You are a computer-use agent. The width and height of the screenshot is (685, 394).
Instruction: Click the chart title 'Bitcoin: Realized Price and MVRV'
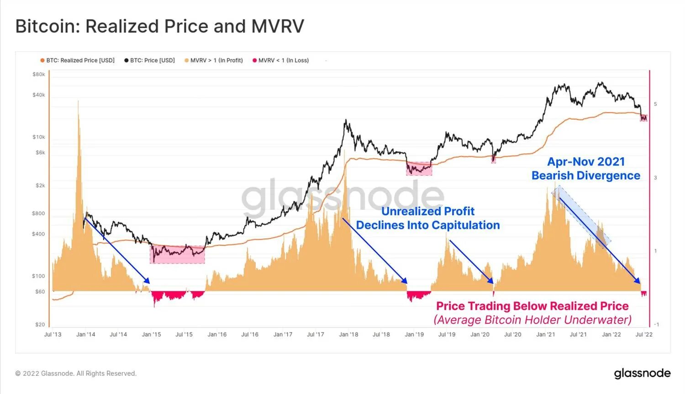click(159, 26)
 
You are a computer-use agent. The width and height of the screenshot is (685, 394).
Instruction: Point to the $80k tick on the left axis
click(39, 74)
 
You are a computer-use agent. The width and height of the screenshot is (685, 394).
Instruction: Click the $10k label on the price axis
click(39, 137)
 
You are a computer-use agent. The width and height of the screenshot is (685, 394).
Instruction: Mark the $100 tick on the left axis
click(39, 276)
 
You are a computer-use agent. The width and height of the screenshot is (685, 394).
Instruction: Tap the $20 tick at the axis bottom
click(40, 325)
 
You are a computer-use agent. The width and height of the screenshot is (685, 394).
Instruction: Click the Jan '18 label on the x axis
click(348, 334)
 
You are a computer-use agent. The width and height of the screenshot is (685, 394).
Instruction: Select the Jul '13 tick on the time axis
click(53, 334)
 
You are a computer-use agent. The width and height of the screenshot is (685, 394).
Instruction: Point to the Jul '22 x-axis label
click(644, 334)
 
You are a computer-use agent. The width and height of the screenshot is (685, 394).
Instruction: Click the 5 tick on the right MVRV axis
click(655, 104)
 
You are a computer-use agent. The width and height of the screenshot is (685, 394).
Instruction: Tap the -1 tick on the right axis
click(656, 324)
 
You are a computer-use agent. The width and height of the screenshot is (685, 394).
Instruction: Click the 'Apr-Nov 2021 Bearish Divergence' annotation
click(586, 169)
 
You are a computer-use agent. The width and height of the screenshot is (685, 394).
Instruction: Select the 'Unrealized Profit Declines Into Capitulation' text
click(428, 218)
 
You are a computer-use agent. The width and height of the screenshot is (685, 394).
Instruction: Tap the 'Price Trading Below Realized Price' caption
click(532, 306)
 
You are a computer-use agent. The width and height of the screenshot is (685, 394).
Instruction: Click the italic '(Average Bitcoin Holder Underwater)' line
click(532, 320)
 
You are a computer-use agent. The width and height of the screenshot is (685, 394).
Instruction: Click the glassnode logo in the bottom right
click(642, 373)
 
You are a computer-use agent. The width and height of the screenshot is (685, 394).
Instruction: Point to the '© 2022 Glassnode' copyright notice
click(76, 373)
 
